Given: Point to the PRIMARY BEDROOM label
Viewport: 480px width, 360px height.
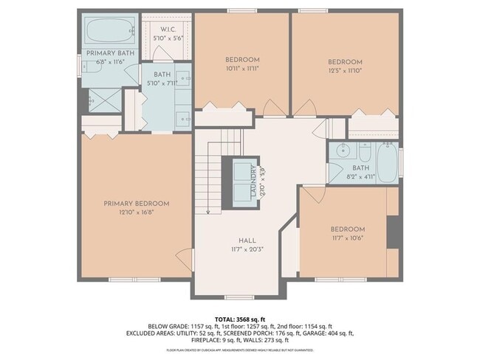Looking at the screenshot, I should click(137, 204).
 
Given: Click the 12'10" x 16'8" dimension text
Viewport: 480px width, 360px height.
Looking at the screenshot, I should click(137, 212).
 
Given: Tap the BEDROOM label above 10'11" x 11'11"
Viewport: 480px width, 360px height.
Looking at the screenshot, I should click(241, 59).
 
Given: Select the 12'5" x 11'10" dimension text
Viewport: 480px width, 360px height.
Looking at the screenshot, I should click(345, 71).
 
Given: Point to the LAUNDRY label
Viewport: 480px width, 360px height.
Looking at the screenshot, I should click(253, 181).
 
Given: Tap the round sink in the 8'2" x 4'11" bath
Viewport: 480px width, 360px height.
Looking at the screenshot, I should click(342, 153).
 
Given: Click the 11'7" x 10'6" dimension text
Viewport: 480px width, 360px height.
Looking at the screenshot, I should click(347, 238).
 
